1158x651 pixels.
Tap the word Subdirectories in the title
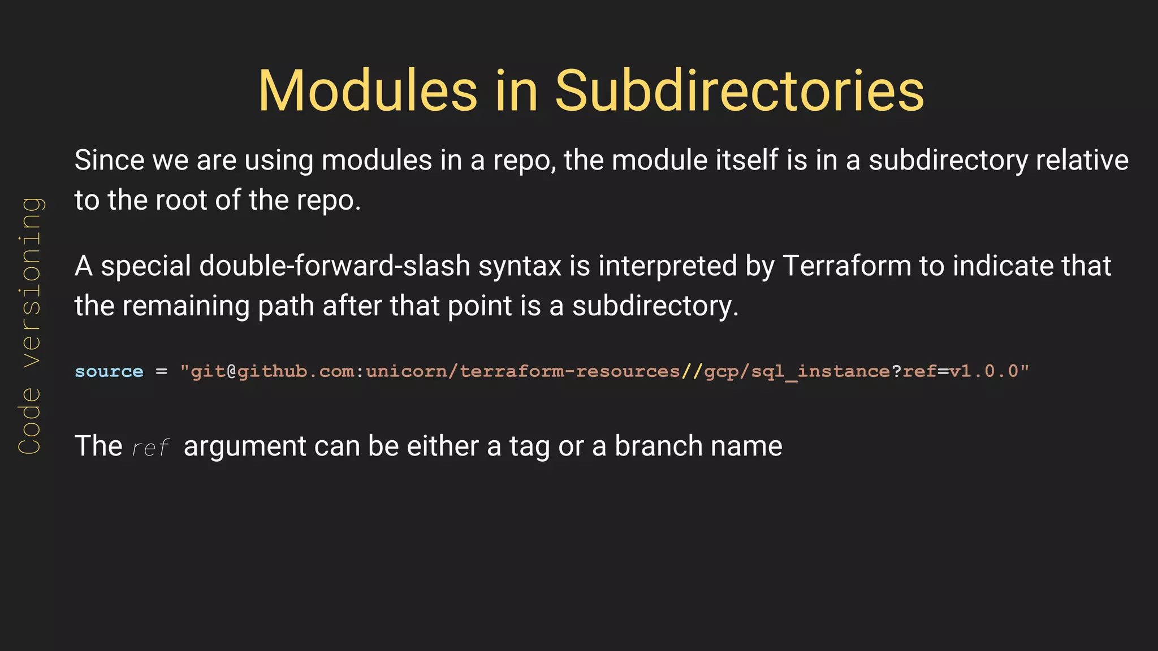point(739,91)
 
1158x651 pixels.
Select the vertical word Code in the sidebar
point(30,420)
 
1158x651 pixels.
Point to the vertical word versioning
point(30,282)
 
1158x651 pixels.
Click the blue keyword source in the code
point(109,371)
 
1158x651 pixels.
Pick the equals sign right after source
point(162,371)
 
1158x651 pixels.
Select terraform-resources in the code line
point(569,371)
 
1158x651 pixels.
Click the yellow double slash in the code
point(692,371)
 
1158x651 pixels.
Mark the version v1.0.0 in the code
point(983,371)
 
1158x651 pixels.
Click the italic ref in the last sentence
point(150,448)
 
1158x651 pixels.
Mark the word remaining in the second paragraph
point(186,306)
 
